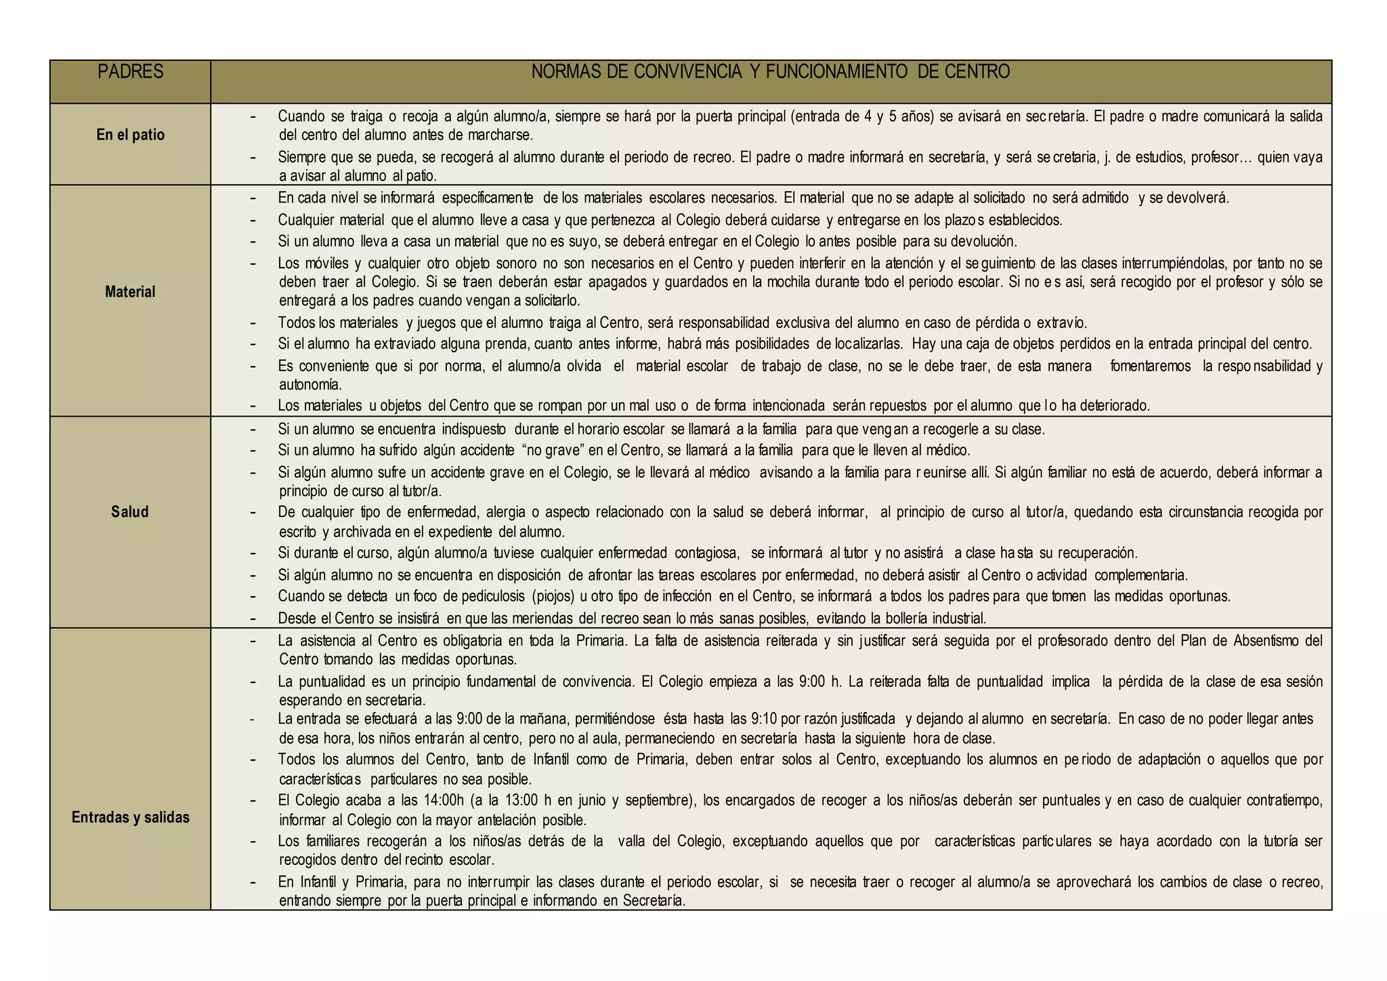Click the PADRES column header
tap(130, 72)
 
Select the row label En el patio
tap(130, 135)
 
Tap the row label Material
tap(130, 292)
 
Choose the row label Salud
tap(130, 512)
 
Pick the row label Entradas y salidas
tap(130, 817)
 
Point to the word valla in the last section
tap(633, 841)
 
